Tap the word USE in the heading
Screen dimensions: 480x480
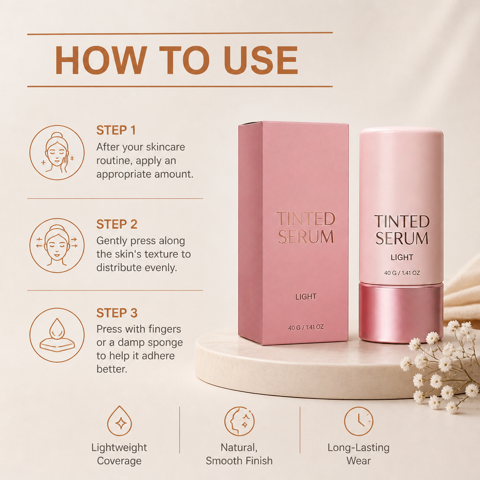click(261, 60)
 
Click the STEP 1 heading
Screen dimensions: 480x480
click(116, 130)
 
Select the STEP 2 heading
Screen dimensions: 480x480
click(117, 224)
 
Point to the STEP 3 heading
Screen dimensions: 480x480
click(117, 313)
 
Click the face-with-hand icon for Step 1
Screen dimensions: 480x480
click(57, 152)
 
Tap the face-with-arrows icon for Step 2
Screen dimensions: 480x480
click(57, 246)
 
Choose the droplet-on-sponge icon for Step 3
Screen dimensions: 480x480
click(57, 335)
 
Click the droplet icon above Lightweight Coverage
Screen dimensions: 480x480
click(120, 421)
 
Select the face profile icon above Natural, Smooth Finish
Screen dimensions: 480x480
click(240, 421)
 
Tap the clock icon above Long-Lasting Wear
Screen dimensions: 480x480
click(359, 421)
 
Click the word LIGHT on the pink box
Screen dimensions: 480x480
click(306, 296)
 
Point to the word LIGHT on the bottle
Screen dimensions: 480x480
click(402, 257)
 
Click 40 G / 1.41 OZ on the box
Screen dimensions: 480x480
click(306, 327)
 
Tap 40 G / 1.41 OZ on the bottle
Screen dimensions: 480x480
click(402, 273)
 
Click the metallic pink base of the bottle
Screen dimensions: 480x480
click(401, 312)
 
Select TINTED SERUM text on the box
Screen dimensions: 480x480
click(306, 228)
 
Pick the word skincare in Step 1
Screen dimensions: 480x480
click(165, 147)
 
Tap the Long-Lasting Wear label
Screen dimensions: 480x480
click(359, 454)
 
